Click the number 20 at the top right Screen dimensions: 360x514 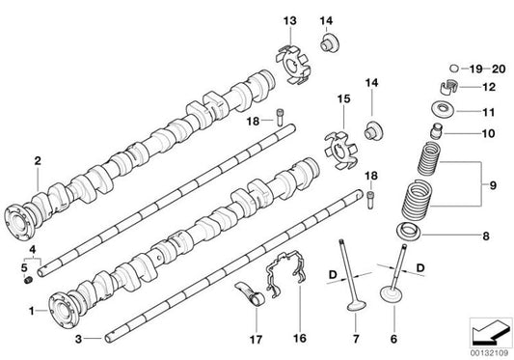pyautogui.click(x=497, y=69)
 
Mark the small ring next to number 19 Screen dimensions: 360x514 pyautogui.click(x=454, y=69)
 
